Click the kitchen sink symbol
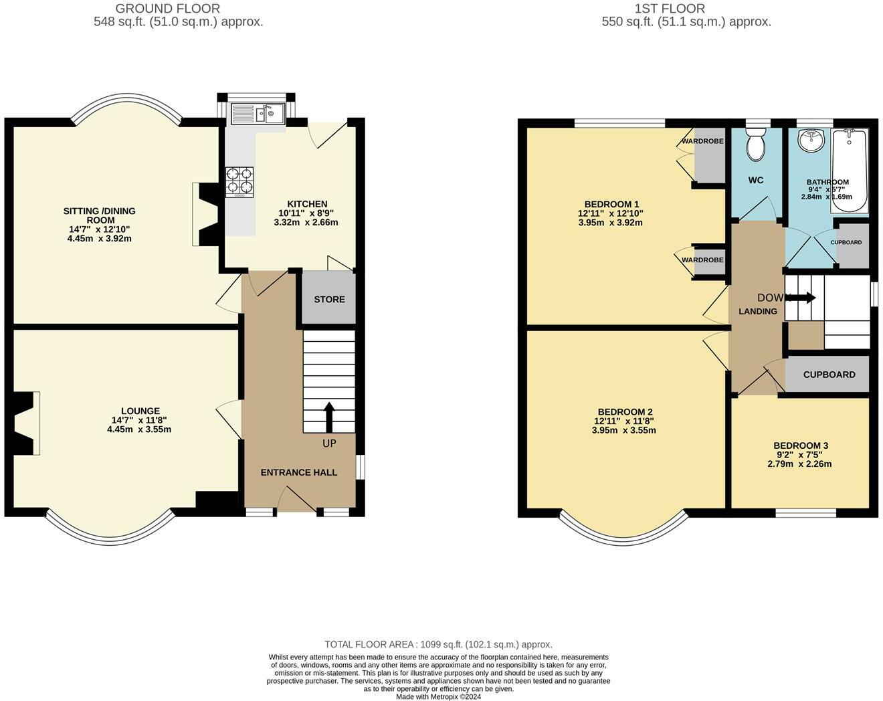click(x=258, y=114)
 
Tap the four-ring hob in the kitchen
click(x=239, y=181)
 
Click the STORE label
click(x=329, y=299)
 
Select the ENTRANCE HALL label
click(x=298, y=472)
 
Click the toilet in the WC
click(x=756, y=146)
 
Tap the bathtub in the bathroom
click(x=849, y=171)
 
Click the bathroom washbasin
click(x=811, y=140)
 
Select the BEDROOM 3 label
click(x=801, y=445)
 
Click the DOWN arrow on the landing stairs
click(x=802, y=298)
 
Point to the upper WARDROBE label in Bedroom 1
click(x=702, y=142)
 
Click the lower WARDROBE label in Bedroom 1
click(x=702, y=260)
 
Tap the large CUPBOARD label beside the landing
click(x=829, y=375)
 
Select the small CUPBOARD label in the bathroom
click(x=846, y=242)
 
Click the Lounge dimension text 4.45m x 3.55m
click(x=139, y=429)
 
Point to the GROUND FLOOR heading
click(x=167, y=9)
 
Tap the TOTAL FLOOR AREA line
click(x=438, y=644)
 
